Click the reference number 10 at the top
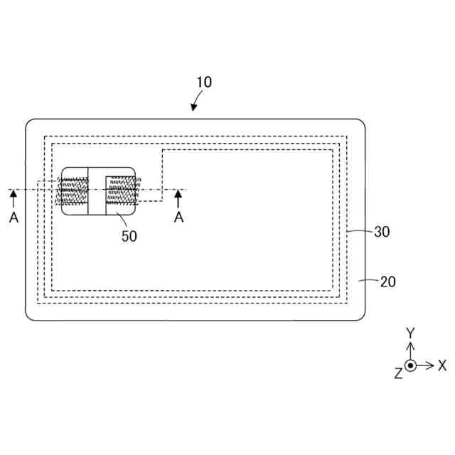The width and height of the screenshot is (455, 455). [204, 82]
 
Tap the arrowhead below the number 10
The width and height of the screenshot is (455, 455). [194, 107]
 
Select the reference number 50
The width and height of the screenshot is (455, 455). [129, 236]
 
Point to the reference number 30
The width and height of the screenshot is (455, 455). [382, 231]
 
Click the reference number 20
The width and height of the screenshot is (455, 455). [387, 282]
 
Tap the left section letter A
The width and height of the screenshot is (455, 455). [14, 218]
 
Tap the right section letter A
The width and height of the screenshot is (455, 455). [179, 218]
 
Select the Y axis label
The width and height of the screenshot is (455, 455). [409, 333]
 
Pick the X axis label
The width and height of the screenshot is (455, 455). [442, 365]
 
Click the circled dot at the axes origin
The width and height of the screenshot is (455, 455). [410, 365]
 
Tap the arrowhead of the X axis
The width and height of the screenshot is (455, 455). [430, 365]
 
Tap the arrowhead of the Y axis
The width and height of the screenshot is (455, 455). [410, 346]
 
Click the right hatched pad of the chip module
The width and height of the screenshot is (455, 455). [124, 190]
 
